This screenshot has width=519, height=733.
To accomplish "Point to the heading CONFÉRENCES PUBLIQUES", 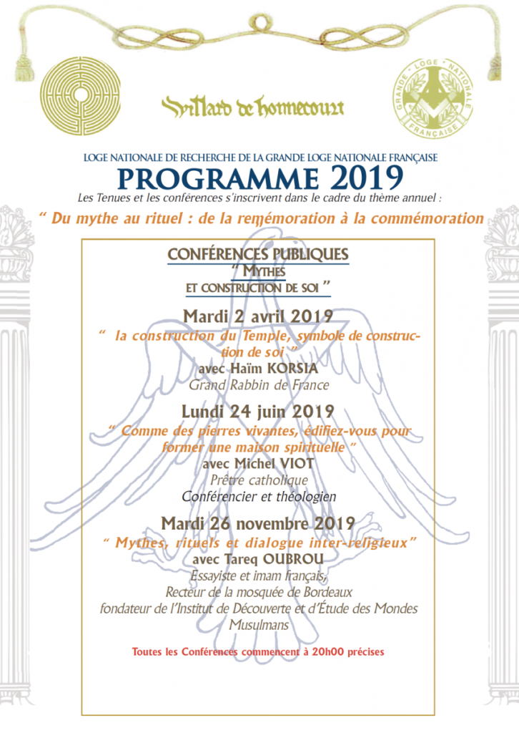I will pos(258,254).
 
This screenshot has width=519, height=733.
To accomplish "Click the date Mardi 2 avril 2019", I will pos(258,317).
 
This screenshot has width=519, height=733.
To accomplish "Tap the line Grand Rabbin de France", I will pos(259,385).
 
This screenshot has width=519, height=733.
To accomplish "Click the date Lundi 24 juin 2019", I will pos(258,412).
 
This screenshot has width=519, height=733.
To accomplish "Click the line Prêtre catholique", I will pos(259,480).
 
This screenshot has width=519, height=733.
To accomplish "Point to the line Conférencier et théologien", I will pos(259,496).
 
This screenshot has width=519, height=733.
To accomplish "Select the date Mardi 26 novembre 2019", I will pos(258,522).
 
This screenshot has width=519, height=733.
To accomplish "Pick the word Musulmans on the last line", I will pos(259,624).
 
